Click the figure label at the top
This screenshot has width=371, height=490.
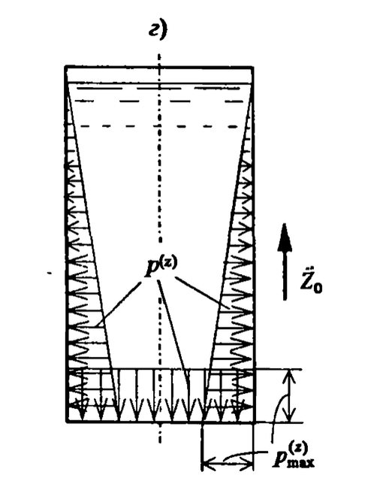(x=158, y=31)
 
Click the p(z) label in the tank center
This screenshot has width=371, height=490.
(x=161, y=268)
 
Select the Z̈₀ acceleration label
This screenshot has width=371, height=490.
(x=312, y=280)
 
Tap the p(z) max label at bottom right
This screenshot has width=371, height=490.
(x=294, y=457)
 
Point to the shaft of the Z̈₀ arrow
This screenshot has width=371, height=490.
(x=285, y=275)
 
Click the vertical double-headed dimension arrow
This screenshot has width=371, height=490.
(x=290, y=396)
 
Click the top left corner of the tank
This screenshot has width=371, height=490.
(x=66, y=67)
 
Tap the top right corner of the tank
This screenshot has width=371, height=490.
(x=252, y=67)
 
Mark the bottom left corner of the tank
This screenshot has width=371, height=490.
(x=67, y=422)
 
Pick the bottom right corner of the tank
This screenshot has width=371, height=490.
(x=254, y=422)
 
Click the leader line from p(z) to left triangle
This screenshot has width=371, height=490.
(x=119, y=304)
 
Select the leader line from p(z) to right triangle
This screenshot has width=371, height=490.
(x=202, y=292)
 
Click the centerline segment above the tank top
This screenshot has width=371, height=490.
(x=159, y=60)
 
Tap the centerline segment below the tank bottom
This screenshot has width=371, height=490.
(x=160, y=433)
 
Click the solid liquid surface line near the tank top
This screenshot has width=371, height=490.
(x=159, y=83)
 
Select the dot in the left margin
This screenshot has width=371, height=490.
(x=50, y=274)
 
